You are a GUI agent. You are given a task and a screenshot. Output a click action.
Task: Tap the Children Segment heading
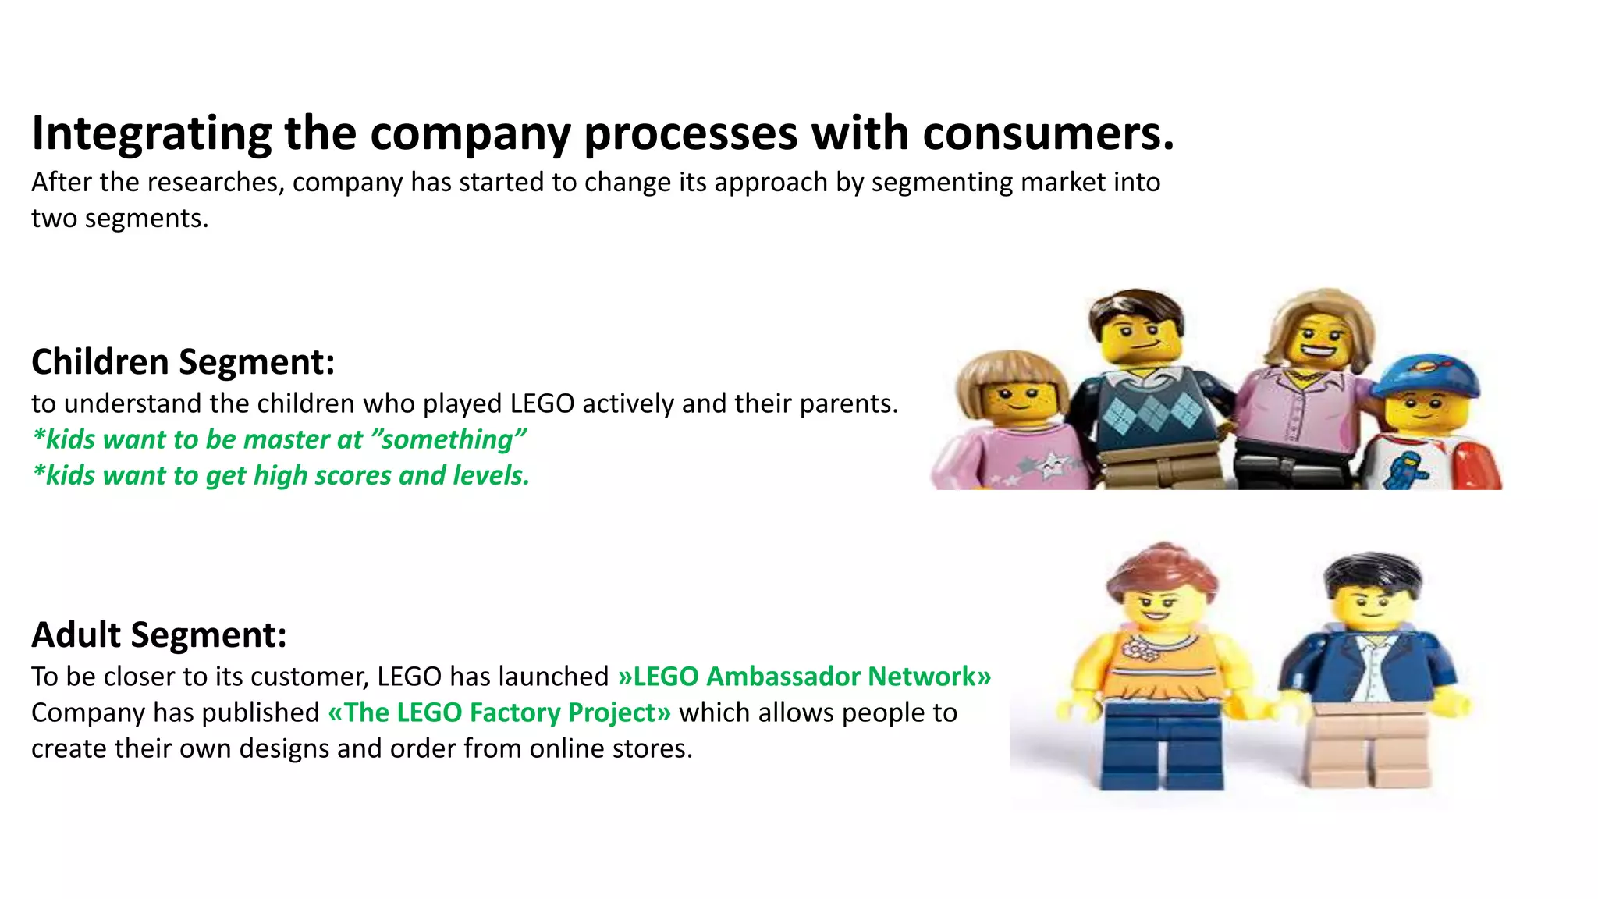click(x=183, y=362)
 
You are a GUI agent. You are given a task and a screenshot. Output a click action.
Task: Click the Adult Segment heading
click(x=159, y=634)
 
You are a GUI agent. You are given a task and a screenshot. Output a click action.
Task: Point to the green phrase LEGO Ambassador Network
click(x=804, y=677)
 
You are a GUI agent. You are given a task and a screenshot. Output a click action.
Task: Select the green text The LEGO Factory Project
click(x=499, y=712)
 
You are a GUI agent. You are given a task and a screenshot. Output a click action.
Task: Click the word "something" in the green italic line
click(x=449, y=439)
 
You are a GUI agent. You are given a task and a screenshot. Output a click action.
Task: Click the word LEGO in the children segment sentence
click(x=542, y=403)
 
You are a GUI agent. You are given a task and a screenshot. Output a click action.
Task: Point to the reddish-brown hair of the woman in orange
click(x=1159, y=570)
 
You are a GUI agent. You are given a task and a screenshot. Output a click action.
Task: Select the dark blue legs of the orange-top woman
click(x=1163, y=745)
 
